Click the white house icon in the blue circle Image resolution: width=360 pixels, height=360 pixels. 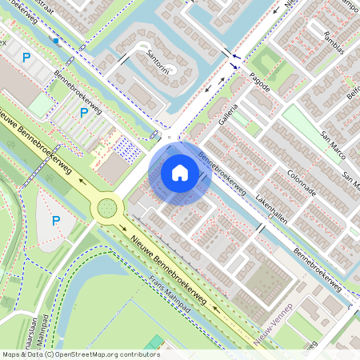click(180, 172)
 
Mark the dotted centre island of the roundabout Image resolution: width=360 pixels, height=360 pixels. click(106, 210)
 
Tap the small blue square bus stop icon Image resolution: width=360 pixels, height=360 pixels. click(56, 40)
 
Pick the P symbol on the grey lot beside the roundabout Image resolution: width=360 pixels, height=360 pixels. click(55, 220)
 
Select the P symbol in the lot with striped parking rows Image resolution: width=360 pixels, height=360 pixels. click(83, 114)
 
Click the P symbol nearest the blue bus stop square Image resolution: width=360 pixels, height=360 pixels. click(26, 57)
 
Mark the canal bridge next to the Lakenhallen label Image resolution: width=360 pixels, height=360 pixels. click(259, 227)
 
